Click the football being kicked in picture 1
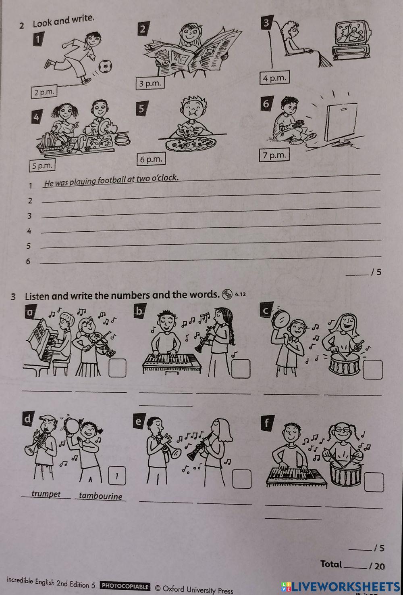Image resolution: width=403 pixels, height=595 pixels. [105, 66]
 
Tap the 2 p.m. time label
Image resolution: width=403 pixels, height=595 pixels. [44, 92]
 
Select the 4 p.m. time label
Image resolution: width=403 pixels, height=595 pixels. [274, 78]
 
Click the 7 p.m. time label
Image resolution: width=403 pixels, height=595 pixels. [274, 155]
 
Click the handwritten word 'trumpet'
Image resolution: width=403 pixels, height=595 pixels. [46, 494]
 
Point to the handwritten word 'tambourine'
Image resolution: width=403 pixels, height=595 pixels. [100, 496]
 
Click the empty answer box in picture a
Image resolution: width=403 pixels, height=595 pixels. [117, 368]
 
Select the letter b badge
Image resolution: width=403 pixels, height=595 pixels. [139, 311]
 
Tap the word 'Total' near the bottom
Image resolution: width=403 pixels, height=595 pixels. [331, 564]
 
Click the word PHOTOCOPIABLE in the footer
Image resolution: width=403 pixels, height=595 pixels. [125, 586]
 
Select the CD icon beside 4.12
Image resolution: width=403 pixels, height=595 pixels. [227, 295]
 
